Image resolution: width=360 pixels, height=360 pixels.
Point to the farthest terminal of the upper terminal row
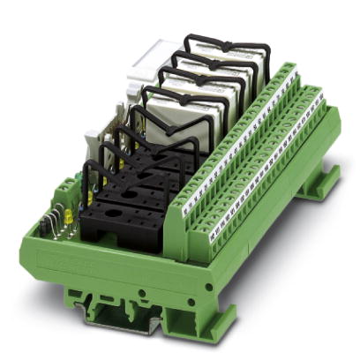[x=287, y=71]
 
